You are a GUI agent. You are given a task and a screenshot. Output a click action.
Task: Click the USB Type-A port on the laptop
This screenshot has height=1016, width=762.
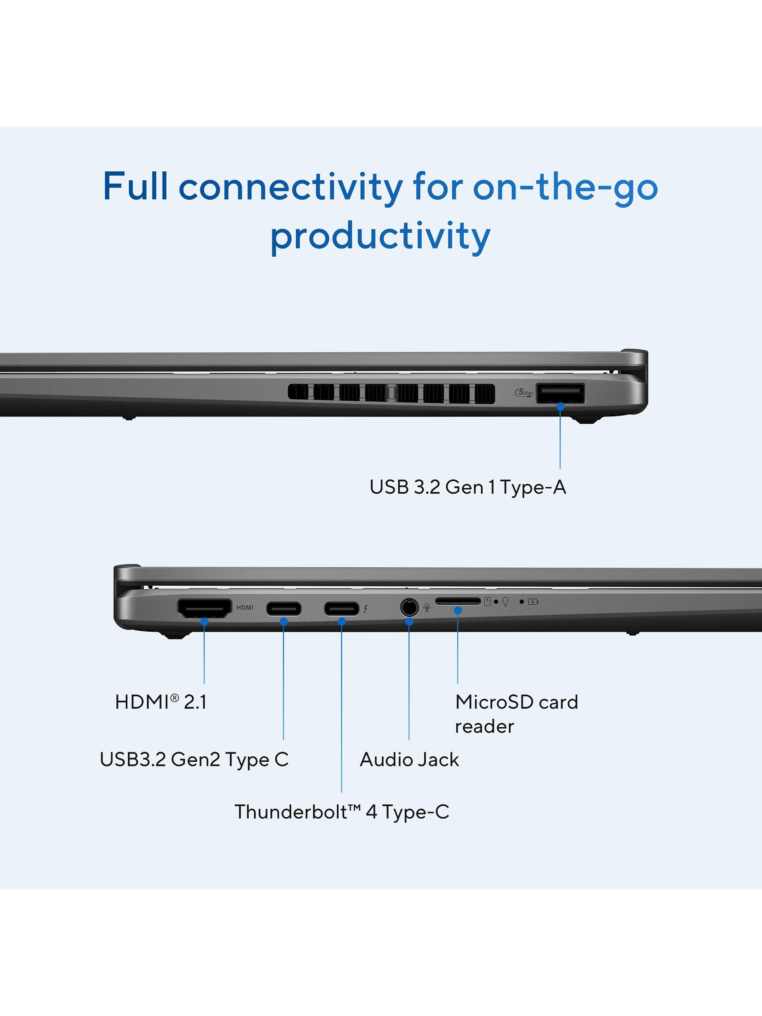[x=560, y=393]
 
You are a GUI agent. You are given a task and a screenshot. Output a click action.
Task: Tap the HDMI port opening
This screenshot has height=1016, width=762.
[x=205, y=609]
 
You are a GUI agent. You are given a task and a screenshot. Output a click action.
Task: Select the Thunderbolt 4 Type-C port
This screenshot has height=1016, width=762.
[x=342, y=609]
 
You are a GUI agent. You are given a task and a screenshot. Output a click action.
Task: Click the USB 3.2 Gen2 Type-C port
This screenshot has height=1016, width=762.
[x=284, y=609]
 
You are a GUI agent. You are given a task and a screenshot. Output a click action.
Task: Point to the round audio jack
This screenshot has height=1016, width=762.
[x=409, y=608]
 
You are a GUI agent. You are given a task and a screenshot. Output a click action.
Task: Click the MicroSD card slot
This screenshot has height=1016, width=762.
[x=458, y=601]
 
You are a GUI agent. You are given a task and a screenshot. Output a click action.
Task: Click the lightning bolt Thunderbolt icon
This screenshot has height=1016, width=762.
[x=366, y=609]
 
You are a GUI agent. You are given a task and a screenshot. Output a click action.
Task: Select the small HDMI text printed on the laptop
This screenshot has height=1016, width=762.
[x=245, y=608]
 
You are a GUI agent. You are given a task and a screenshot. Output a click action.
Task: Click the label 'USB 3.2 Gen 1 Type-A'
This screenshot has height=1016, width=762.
[x=468, y=487]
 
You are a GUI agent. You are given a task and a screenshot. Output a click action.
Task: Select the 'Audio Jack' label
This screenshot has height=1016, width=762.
[x=409, y=759]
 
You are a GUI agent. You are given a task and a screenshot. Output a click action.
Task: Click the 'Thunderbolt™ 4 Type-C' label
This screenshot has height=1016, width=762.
[x=342, y=812]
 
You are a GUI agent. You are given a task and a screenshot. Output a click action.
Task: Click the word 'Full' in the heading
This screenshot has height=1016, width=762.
[x=135, y=186]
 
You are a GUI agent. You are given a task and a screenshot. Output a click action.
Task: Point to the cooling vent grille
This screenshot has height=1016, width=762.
[x=391, y=393]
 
